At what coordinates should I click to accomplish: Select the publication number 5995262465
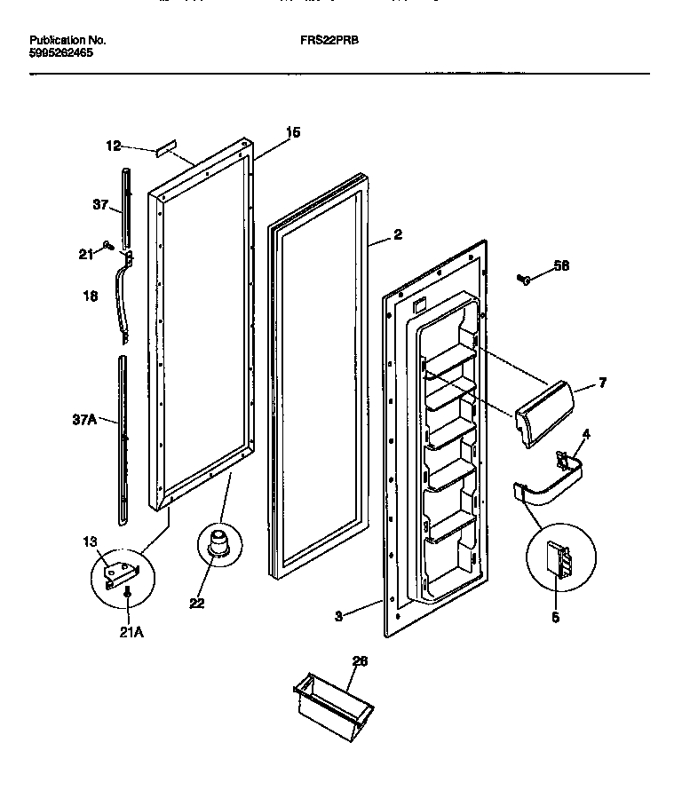pyautogui.click(x=60, y=52)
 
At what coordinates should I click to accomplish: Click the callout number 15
pyautogui.click(x=292, y=132)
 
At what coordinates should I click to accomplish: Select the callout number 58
pyautogui.click(x=560, y=265)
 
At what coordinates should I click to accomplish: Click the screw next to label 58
pyautogui.click(x=523, y=280)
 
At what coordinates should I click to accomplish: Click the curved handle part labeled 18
pyautogui.click(x=122, y=297)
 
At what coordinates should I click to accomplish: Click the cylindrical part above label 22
pyautogui.click(x=218, y=541)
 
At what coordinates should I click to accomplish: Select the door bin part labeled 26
pyautogui.click(x=332, y=701)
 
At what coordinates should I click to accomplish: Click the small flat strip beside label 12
pyautogui.click(x=165, y=146)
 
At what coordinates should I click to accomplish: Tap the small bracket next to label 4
pyautogui.click(x=560, y=459)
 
